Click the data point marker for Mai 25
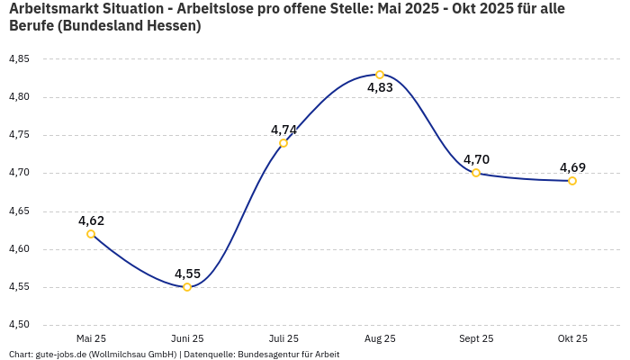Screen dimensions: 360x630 (91, 234)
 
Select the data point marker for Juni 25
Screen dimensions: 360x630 (187, 287)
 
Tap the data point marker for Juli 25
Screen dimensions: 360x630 (283, 143)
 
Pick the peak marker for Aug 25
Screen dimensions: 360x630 (380, 75)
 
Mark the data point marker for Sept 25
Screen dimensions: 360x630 (476, 173)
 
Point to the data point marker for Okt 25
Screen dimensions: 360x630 (572, 181)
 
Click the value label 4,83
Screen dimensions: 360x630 (380, 88)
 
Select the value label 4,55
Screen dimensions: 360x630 (187, 274)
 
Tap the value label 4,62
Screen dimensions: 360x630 (91, 220)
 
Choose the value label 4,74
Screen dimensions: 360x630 (283, 130)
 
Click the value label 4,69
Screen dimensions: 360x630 (572, 167)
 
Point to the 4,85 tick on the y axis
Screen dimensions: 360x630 (19, 59)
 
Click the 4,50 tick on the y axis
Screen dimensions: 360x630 (19, 325)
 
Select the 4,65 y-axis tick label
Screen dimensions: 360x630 (19, 211)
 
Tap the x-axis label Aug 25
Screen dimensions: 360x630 (380, 338)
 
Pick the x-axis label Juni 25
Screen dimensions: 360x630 (187, 338)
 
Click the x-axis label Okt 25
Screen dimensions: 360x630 (572, 338)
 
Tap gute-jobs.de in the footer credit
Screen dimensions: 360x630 (60, 355)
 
